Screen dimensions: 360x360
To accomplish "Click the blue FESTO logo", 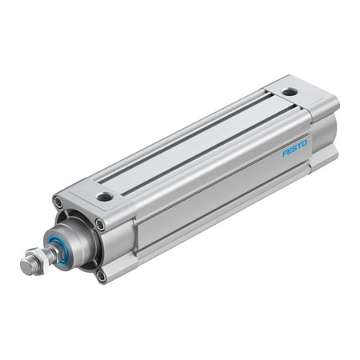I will [295, 148].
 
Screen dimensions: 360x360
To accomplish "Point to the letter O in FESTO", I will [305, 143].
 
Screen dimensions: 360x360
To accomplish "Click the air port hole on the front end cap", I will [105, 196].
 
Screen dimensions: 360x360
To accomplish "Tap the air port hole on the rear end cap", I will [289, 91].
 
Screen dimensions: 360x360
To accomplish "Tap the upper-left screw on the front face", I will [58, 202].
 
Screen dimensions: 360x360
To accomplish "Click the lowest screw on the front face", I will [101, 276].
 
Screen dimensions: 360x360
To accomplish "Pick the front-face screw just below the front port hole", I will [99, 225].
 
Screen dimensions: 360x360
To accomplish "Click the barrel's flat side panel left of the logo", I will [208, 200].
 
